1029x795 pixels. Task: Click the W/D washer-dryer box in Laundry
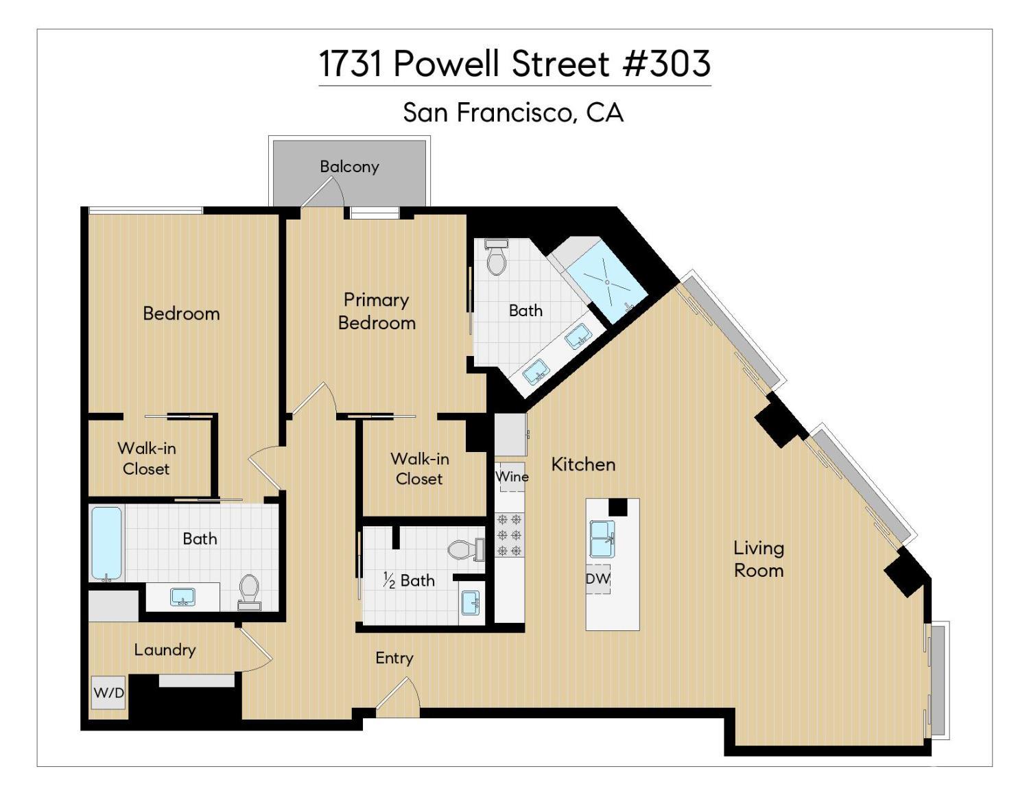[108, 693]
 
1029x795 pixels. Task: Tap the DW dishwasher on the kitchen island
[598, 578]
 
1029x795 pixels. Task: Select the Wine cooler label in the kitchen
[512, 476]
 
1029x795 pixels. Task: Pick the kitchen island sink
[602, 538]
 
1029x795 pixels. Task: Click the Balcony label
[349, 166]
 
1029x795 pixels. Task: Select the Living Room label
[758, 558]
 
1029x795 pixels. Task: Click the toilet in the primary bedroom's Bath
[496, 256]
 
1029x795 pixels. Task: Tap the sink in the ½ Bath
[471, 602]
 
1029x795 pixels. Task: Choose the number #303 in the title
[666, 64]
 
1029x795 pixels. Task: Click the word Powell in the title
[450, 64]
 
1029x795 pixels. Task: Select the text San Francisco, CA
[513, 112]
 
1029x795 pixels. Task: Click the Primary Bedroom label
[377, 311]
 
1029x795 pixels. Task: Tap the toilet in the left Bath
[249, 592]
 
